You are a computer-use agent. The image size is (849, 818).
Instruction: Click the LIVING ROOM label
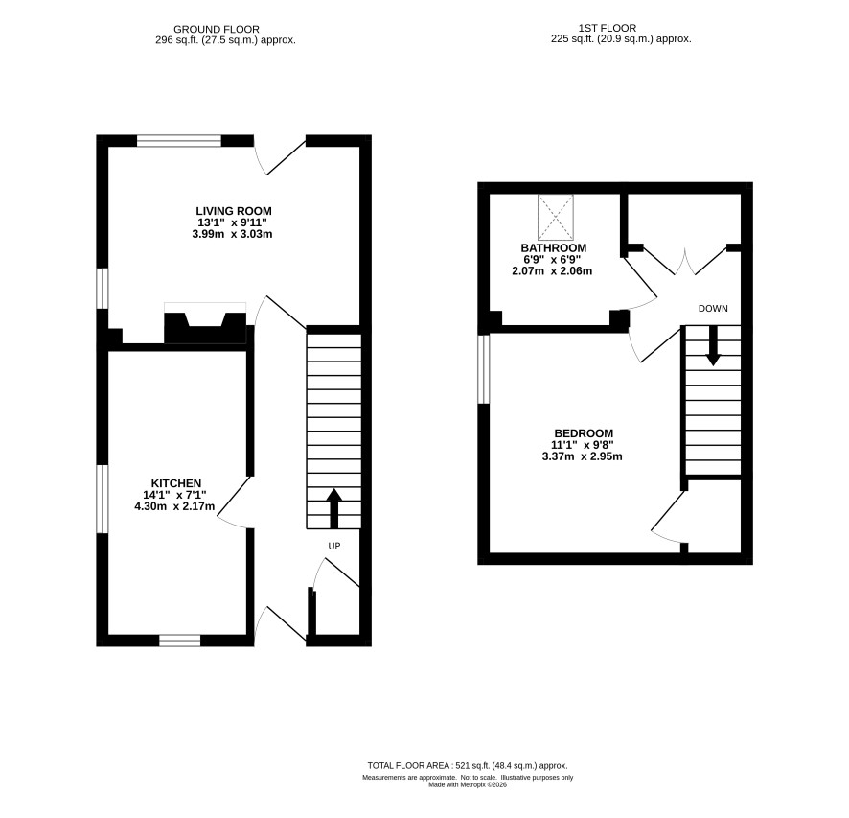click(x=234, y=211)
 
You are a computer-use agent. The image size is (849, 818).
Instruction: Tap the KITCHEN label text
click(x=176, y=483)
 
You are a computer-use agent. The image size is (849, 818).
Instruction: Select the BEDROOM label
click(x=584, y=433)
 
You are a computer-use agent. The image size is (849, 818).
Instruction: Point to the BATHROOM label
click(x=553, y=247)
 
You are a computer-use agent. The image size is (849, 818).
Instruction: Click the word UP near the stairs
click(x=334, y=546)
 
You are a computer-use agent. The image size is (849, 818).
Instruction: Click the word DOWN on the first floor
click(x=713, y=309)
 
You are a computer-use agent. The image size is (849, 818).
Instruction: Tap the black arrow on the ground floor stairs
click(x=334, y=508)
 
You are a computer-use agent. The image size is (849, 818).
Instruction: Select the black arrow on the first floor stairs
click(x=713, y=345)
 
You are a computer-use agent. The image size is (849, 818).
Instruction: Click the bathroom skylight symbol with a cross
click(x=555, y=218)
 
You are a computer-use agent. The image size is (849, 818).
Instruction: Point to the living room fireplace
click(x=205, y=323)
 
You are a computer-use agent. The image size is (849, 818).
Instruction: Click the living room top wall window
click(x=179, y=141)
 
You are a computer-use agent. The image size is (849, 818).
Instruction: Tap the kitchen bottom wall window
click(x=180, y=641)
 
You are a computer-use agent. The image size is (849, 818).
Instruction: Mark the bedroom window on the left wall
click(x=484, y=369)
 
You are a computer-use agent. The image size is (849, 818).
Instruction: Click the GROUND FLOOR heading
click(x=217, y=30)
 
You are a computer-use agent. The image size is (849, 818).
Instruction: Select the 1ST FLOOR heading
click(x=607, y=28)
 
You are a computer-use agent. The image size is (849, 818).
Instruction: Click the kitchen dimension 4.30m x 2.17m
click(x=175, y=507)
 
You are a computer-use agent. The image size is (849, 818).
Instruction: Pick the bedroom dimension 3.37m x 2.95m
click(x=582, y=456)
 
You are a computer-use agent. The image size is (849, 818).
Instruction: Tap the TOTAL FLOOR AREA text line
click(x=468, y=766)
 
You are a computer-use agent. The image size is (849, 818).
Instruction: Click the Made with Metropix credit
click(x=468, y=784)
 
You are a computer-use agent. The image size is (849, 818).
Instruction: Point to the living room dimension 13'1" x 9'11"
click(x=232, y=222)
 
